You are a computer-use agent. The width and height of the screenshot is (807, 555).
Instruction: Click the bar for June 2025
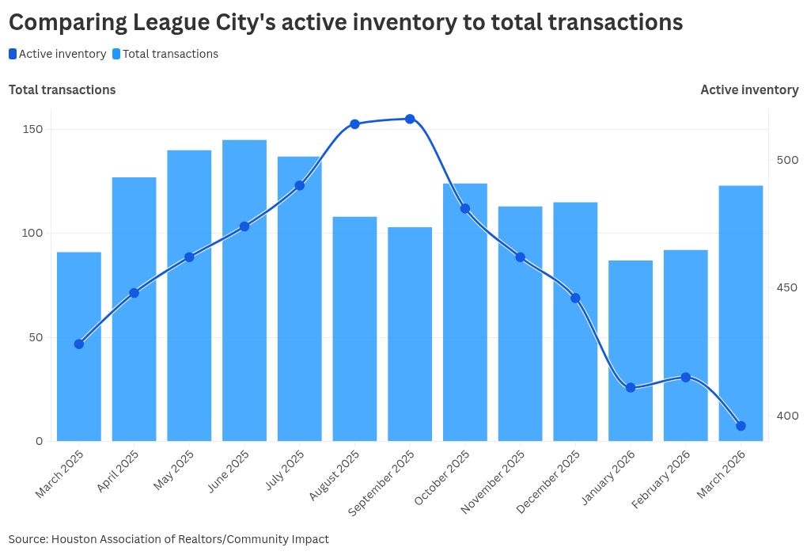coord(244,291)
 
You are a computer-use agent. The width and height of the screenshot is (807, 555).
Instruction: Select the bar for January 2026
coord(631,351)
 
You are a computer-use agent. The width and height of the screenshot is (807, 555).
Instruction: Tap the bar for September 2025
coord(410,334)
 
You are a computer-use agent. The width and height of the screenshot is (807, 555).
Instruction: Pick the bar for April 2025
coord(134,309)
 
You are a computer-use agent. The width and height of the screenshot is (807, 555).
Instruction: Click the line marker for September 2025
coord(410,119)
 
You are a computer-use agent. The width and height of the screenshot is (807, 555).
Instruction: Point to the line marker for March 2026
coord(741,426)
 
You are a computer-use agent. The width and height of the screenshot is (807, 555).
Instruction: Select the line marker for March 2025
coord(79,344)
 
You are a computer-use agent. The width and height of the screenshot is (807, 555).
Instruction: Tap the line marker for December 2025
coord(575,298)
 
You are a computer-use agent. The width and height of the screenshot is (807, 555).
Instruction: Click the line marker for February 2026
coord(685,378)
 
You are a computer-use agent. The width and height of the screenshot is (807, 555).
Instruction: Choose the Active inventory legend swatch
coord(13,54)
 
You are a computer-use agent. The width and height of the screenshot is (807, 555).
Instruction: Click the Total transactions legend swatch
coord(116,54)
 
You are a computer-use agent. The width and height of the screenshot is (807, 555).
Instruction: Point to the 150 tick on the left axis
coord(32,129)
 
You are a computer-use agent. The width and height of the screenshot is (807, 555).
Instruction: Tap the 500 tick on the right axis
coord(787,160)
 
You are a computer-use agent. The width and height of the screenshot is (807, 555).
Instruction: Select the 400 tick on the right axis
coord(787,416)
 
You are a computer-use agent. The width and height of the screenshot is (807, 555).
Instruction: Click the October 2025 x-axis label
coord(442,477)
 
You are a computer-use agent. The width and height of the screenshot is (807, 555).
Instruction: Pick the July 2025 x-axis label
coord(285,470)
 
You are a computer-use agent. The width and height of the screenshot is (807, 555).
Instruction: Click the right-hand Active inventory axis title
coord(749,90)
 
